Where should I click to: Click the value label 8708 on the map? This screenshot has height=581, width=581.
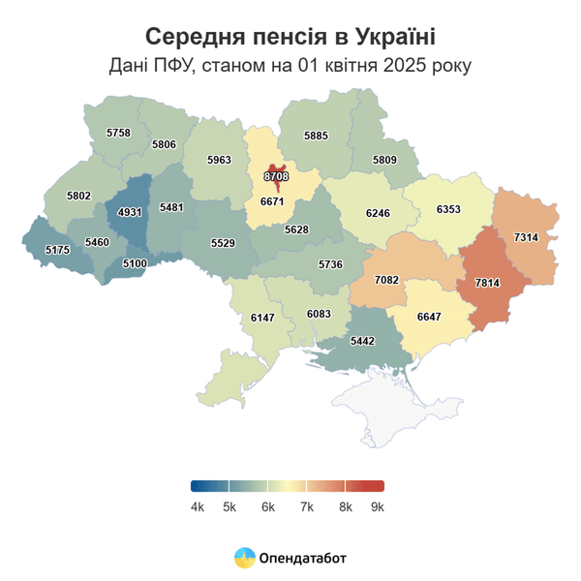[276, 176]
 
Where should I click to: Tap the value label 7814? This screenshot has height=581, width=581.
[488, 282]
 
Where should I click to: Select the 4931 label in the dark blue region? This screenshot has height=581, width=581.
[130, 212]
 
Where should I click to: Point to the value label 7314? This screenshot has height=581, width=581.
[526, 237]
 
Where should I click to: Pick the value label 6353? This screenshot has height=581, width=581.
[448, 208]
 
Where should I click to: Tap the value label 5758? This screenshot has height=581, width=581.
[118, 132]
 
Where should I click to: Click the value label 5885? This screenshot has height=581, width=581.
[316, 137]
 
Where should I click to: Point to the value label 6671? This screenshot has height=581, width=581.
[272, 201]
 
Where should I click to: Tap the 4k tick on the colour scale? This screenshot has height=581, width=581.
[198, 506]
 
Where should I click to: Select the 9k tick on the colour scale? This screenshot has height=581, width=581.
[378, 506]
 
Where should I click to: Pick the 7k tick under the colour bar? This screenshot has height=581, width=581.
[306, 506]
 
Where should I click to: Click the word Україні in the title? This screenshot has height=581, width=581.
[386, 38]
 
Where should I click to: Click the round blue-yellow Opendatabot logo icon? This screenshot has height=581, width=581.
[244, 557]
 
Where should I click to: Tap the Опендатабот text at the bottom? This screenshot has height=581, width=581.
[302, 558]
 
